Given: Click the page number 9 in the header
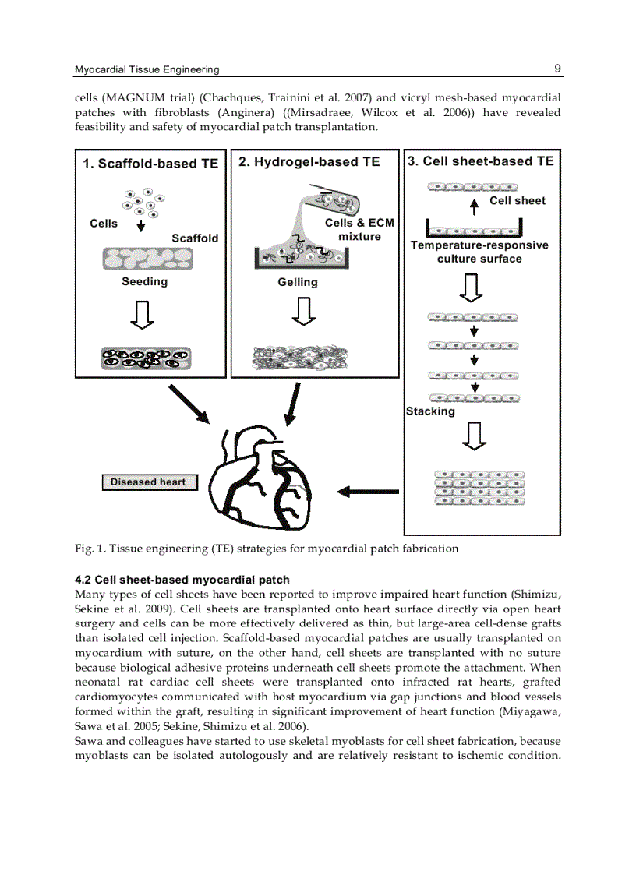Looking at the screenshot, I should point(557,69).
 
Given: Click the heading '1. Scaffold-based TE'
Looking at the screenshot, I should point(150,164).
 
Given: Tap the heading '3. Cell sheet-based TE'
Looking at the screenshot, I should point(481,161).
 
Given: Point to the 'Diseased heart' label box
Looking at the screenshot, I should point(148,482).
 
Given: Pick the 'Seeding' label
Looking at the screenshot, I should point(144,281).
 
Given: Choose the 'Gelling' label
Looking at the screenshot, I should point(298,282).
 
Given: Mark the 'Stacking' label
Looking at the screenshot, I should point(430,411).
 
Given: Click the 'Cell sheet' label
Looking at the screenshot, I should point(518,200).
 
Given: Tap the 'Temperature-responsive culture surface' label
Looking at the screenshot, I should point(479,252).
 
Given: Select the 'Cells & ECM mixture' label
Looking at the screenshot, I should point(359,229).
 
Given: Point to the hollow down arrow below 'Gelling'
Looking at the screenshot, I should point(302,313).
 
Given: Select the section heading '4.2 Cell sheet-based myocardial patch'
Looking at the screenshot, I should point(182,580).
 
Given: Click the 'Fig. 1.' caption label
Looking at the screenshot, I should point(90,548).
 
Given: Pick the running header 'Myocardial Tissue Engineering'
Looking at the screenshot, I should point(147,69).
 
